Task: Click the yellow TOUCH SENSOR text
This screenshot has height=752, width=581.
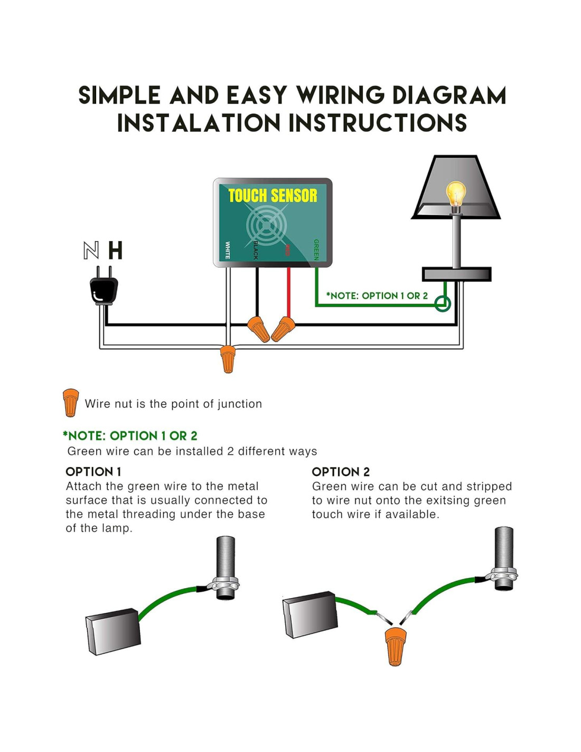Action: pos(273,196)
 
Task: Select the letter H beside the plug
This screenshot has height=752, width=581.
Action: pos(115,251)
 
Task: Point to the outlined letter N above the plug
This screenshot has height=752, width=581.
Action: pos(91,251)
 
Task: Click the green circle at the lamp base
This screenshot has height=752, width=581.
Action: pos(443,304)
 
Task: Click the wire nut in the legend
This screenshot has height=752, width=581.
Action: pos(70,402)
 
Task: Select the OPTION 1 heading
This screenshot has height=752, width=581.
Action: pos(93,472)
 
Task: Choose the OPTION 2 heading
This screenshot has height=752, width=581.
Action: pos(341,472)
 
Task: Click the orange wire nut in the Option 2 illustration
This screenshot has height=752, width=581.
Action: pos(395,646)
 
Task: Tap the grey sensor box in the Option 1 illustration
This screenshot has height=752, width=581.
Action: pos(113,632)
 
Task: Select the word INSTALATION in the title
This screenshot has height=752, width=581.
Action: pos(199,123)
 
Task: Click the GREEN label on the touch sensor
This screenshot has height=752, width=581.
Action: pos(316,250)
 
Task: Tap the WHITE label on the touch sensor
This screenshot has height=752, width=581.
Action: pos(228,250)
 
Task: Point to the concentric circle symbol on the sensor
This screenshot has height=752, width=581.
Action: pos(267,225)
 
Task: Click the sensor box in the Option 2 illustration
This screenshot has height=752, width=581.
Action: pos(311,615)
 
